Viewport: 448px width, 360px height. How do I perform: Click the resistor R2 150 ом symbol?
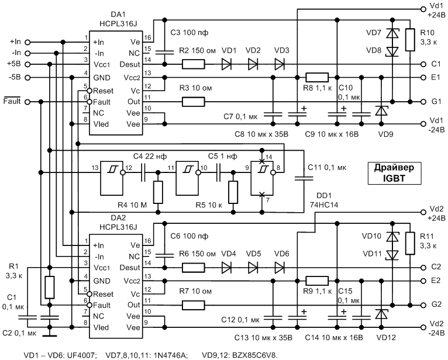coord(194,64)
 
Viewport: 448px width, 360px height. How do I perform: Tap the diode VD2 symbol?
coord(253,64)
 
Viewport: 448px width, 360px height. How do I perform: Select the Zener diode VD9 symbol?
coord(381,111)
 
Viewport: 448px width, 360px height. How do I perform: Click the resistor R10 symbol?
coord(411,40)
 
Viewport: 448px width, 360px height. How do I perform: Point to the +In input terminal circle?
coord(27,42)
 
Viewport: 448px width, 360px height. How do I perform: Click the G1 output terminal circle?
coord(423,102)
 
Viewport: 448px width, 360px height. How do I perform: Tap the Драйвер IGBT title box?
coord(394,173)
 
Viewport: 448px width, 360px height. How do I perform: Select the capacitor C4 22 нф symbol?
coord(144,173)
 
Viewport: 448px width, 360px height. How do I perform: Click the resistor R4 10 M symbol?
coord(158,192)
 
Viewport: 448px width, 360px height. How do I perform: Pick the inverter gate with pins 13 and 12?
coord(112,178)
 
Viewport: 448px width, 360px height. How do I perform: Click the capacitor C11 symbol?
coord(304,178)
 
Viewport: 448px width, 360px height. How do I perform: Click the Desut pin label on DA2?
coord(130,268)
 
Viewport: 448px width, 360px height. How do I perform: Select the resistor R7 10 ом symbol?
coord(194,305)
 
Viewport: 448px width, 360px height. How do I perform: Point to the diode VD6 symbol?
coord(280,268)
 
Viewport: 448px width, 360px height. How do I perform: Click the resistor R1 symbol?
coord(50,287)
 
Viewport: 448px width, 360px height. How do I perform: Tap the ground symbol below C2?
coord(50,336)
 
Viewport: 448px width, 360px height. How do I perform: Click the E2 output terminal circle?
coord(423,281)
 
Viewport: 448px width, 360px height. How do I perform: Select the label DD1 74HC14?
coord(324,200)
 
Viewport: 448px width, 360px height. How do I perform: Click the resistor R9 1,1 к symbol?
coord(317,281)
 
